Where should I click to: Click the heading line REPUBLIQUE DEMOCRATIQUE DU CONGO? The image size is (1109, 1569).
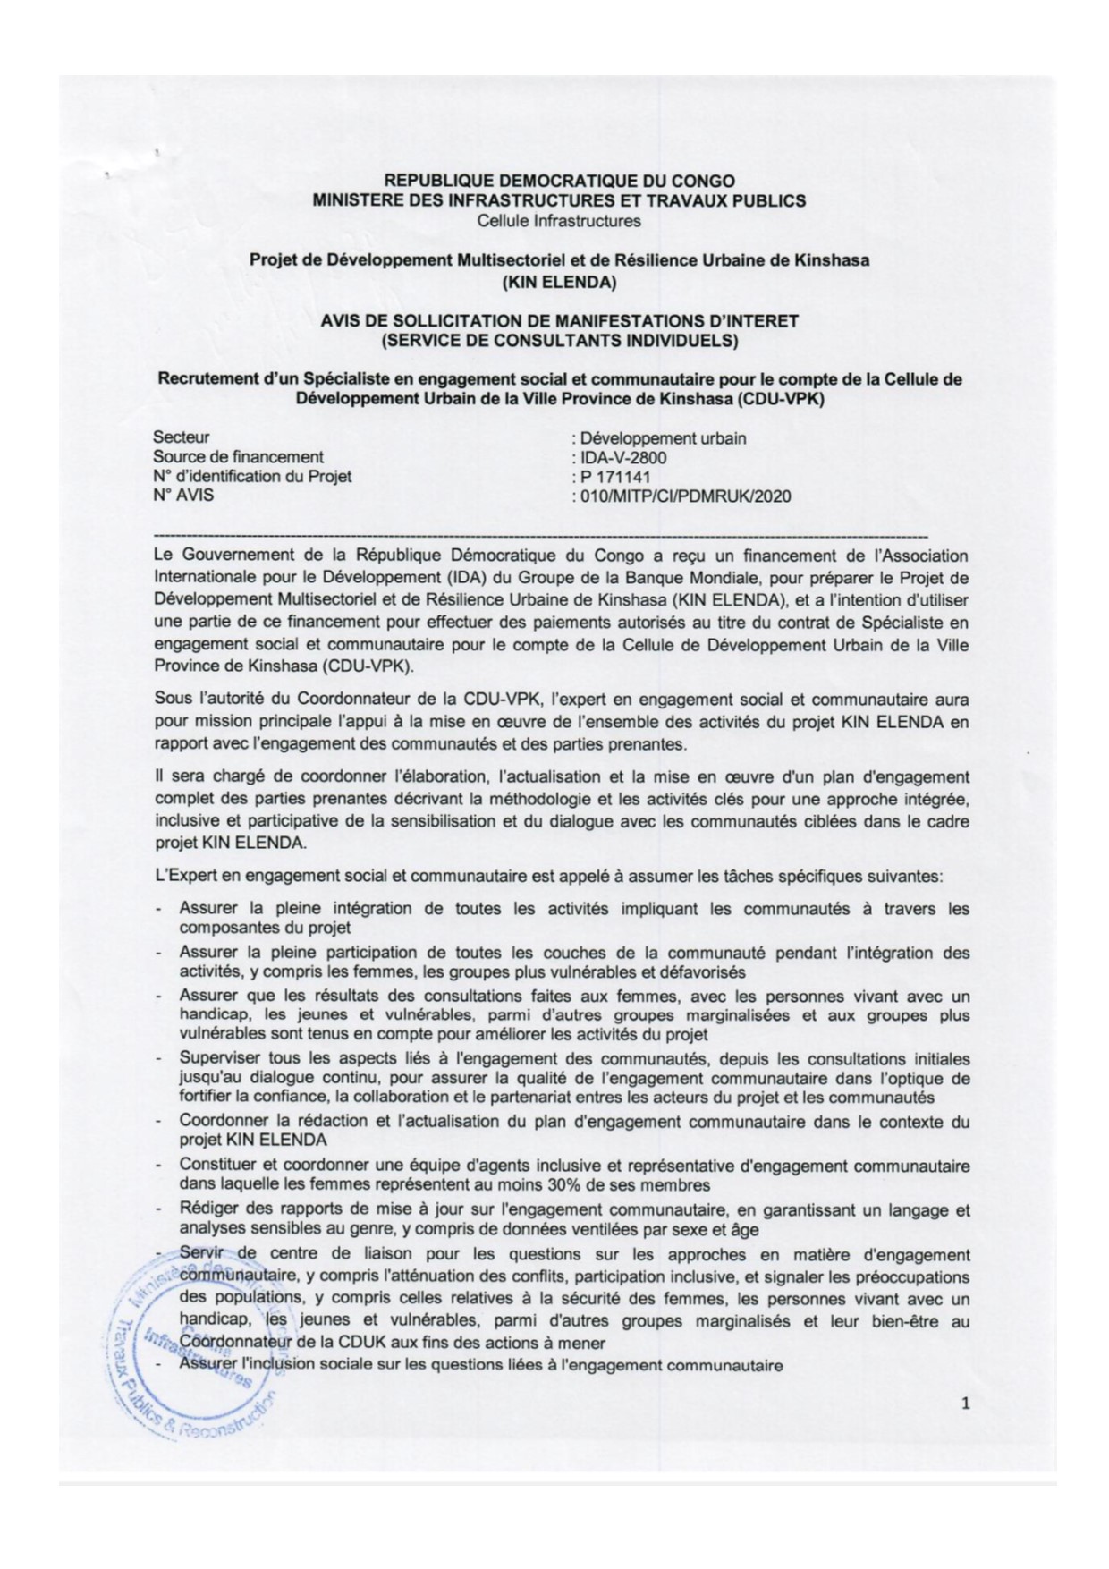[x=559, y=182]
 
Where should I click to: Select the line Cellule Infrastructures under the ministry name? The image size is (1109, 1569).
[x=559, y=220]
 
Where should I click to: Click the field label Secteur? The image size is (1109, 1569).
[x=182, y=437]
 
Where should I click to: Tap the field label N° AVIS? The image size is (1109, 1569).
[x=183, y=495]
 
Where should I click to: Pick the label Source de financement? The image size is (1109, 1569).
[x=238, y=457]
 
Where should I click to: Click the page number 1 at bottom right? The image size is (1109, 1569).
[x=965, y=1404]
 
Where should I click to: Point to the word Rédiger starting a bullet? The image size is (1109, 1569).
[x=207, y=1210]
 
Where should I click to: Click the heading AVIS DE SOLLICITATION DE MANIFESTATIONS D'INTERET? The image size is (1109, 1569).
[x=559, y=320]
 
